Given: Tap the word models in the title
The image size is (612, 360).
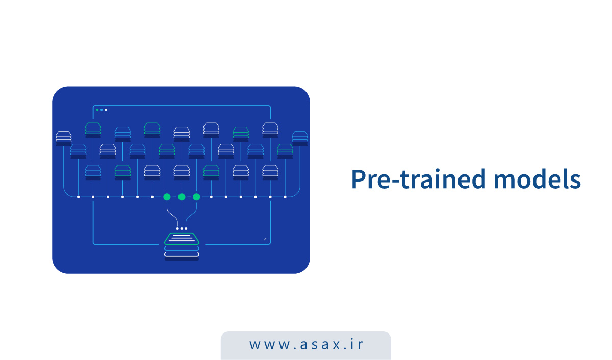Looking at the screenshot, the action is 537,179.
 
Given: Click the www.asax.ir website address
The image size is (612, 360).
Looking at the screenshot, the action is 306,344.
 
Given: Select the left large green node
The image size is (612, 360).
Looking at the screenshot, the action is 167,197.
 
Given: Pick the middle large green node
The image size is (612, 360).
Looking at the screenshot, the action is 182,197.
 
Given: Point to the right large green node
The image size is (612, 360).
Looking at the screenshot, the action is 196,197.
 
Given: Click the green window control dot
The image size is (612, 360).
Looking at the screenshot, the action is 97,110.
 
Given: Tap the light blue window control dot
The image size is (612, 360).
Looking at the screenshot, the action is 101,110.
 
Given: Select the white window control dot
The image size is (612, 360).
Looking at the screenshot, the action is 106,110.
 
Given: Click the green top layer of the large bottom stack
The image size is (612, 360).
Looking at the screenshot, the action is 182,239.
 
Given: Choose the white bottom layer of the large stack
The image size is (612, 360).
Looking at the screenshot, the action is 182,255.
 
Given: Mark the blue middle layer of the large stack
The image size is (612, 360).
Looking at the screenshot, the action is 182,248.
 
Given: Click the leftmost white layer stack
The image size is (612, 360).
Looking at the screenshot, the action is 63,137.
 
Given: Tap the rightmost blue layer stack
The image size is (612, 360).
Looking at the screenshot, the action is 300,137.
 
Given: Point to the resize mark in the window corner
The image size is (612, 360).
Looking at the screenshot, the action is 265,239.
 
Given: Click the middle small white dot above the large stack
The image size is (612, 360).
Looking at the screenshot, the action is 182,228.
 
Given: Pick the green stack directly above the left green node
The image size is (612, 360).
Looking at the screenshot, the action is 167,150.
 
